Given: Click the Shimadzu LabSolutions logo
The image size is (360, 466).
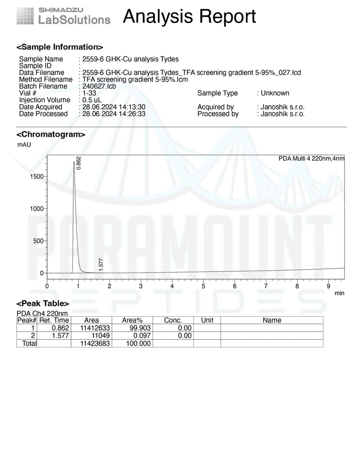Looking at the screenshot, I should pos(63,16).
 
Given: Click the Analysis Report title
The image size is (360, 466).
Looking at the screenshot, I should pos(189,17).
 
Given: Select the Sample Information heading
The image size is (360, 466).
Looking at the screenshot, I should pos(60,47).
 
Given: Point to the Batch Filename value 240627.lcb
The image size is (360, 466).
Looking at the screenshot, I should pos(99,86).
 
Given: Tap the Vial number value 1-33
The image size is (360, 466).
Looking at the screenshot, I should pos(89,93).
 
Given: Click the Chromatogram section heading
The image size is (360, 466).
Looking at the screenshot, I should pos(51,134).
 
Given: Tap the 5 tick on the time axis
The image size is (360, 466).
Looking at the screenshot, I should pos(203,286).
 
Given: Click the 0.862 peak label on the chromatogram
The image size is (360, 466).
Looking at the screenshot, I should pos(79,162).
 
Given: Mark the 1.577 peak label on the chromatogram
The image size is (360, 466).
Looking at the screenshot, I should pos(101,264).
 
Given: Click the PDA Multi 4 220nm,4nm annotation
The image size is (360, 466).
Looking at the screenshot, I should pos(311,158).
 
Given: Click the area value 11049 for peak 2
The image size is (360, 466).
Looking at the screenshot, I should pos(98,336).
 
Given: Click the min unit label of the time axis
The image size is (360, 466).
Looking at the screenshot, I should pos(339,293).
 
